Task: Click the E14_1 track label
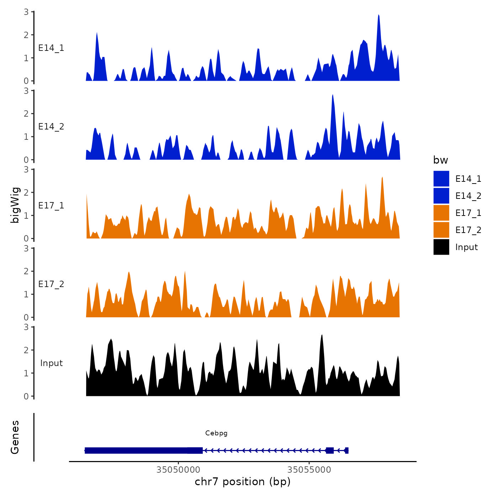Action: [51, 48]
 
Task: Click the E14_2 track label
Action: [51, 127]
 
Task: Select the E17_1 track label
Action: [51, 206]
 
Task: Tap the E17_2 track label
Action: [51, 284]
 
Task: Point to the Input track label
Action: [51, 363]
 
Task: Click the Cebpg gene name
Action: [216, 433]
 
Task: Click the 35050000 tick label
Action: [178, 470]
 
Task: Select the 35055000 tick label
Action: [309, 470]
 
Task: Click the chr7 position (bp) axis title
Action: [243, 482]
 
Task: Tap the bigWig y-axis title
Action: [15, 205]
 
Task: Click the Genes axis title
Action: [15, 437]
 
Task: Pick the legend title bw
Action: [440, 160]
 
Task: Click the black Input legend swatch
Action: [441, 247]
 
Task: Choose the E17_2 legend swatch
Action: [441, 230]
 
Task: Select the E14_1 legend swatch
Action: [441, 179]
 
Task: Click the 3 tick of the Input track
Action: [26, 327]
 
